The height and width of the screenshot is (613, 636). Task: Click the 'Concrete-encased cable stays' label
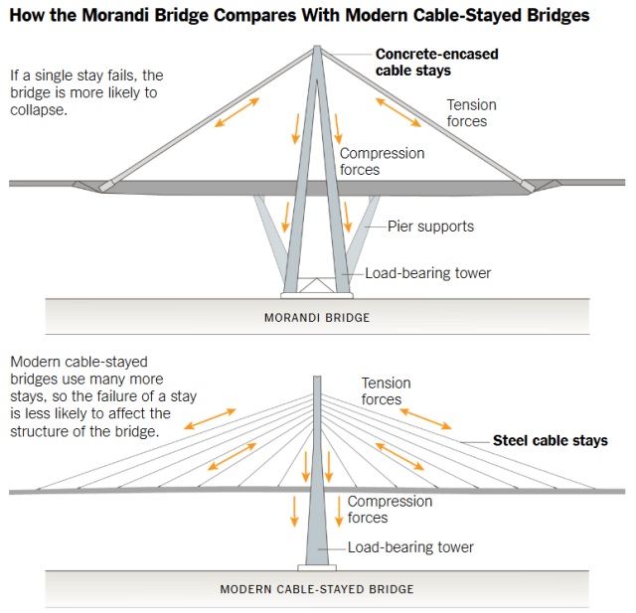(436, 63)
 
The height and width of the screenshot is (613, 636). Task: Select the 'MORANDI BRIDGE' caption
(316, 318)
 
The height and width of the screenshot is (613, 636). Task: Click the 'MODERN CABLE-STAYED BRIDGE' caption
(316, 589)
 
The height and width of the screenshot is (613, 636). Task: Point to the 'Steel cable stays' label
(551, 440)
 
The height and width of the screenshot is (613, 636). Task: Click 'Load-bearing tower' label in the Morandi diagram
(427, 274)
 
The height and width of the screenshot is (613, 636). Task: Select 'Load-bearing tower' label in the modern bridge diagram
(410, 547)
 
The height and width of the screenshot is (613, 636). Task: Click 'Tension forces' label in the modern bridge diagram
(386, 391)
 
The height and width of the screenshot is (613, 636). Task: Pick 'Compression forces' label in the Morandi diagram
(382, 162)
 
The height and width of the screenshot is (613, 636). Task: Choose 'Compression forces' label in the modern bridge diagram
(390, 510)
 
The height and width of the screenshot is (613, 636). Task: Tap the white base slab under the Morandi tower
(316, 294)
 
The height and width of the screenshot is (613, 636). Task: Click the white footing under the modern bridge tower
(317, 568)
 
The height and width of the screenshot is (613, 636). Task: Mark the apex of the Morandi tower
(317, 49)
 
